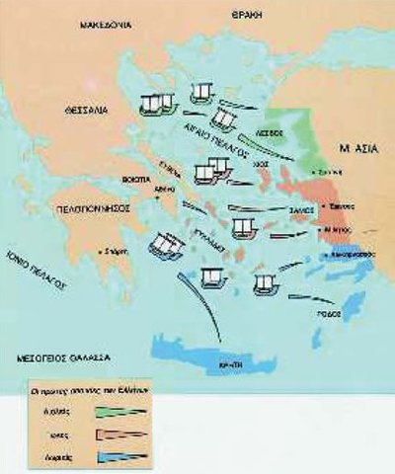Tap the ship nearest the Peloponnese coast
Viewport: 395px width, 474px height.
(x=162, y=242)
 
